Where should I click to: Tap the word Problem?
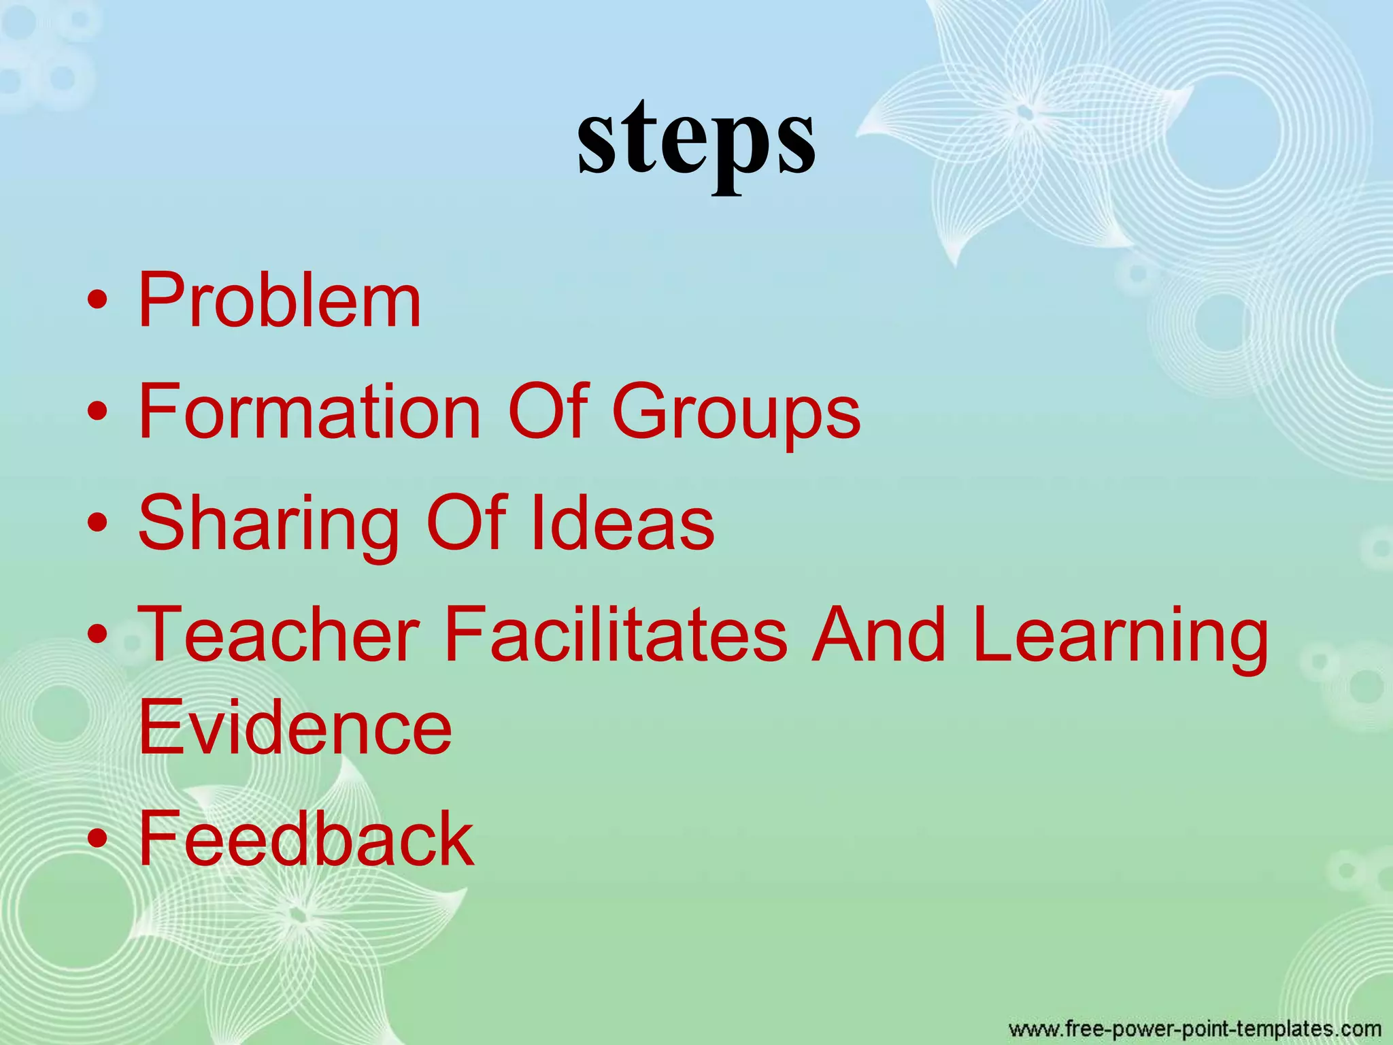coord(280,300)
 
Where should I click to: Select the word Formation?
coord(309,412)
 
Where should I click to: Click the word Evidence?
coord(295,728)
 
